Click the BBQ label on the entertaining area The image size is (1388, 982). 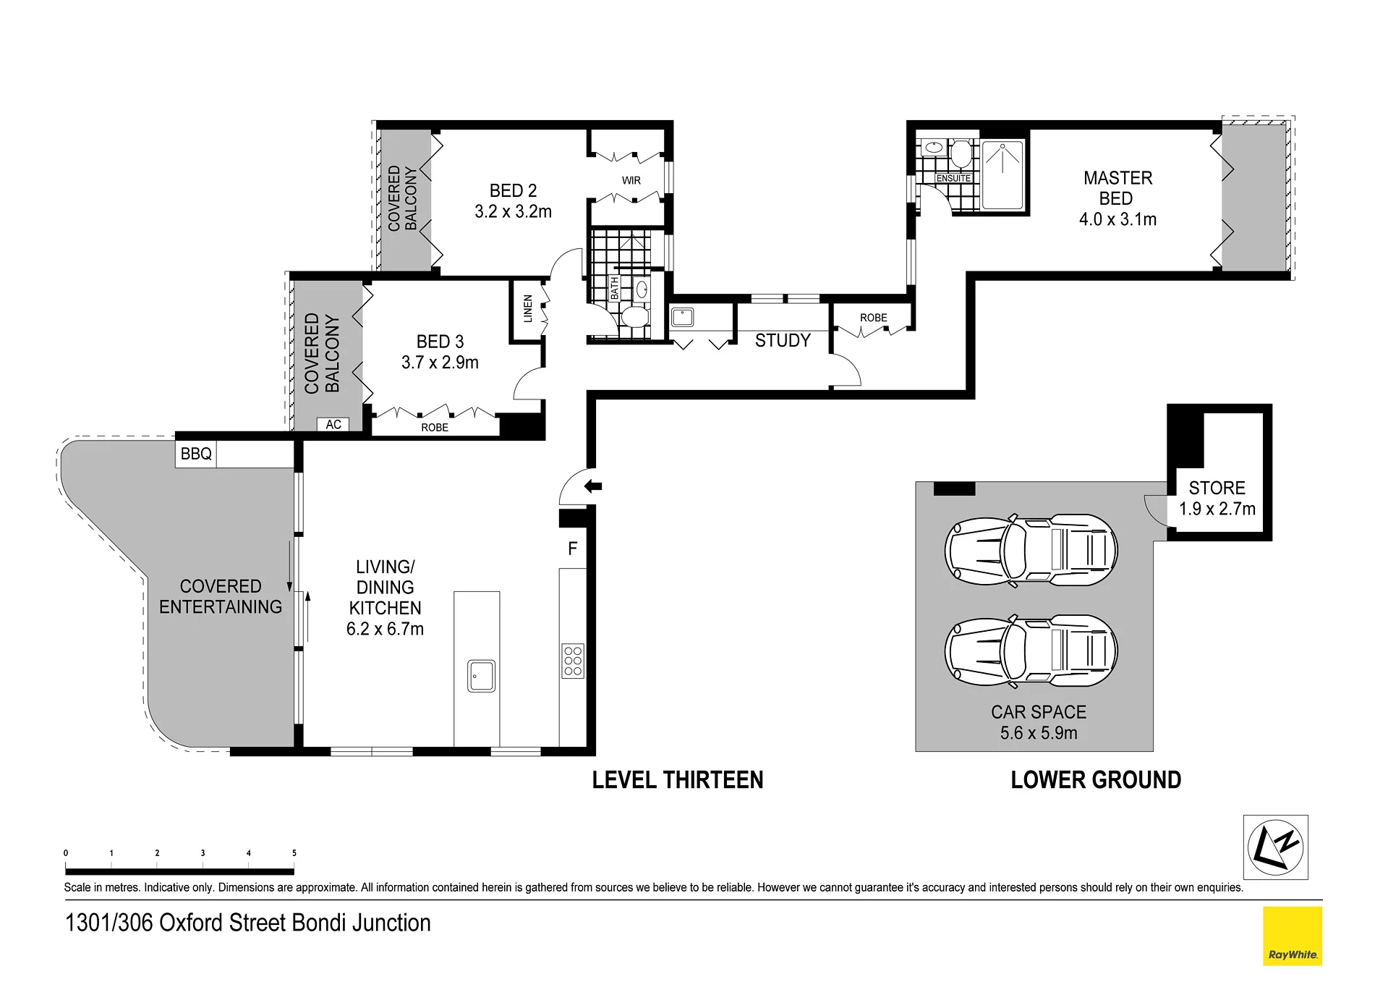[x=196, y=454]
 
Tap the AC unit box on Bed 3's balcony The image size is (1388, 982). [x=333, y=425]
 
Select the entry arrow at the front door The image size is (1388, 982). [x=593, y=486]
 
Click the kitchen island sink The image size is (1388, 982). [x=481, y=675]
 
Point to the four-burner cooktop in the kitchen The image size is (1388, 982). [x=573, y=661]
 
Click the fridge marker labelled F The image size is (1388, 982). [x=573, y=549]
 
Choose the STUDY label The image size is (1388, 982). [x=783, y=341]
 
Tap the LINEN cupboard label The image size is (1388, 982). [x=528, y=309]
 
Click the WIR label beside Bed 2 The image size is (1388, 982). [x=631, y=180]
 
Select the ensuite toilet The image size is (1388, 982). [x=961, y=153]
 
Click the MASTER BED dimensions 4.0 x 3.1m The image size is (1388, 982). [x=1117, y=219]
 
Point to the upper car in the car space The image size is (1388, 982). [x=1031, y=549]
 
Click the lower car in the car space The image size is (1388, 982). [x=1031, y=652]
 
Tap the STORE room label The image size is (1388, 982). [x=1217, y=488]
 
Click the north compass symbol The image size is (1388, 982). [x=1276, y=847]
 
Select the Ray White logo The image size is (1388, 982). [x=1293, y=936]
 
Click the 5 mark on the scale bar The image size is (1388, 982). [x=294, y=853]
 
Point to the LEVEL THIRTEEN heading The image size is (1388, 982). [x=678, y=780]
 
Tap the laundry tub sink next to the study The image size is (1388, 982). [x=683, y=318]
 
